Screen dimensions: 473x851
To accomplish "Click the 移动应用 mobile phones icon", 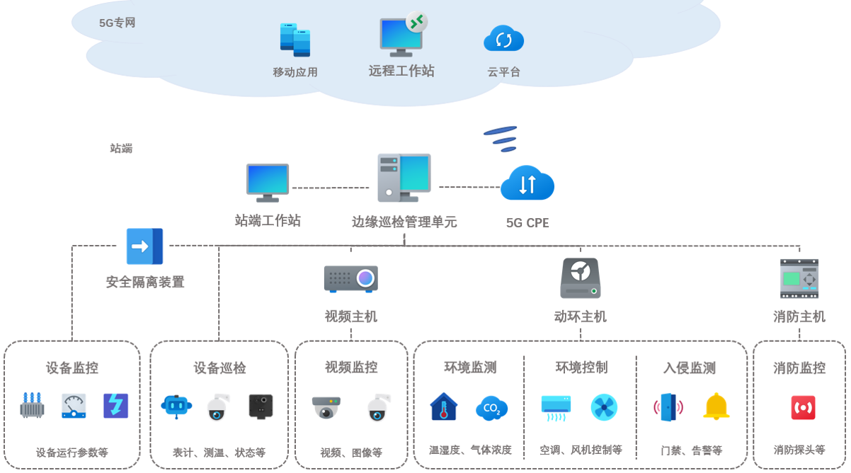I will tap(295, 40).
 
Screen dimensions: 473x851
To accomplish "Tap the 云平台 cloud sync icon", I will tap(503, 39).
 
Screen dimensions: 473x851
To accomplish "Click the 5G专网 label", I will tap(117, 23).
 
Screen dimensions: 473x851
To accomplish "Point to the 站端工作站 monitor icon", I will tap(268, 183).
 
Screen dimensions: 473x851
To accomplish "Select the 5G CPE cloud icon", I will tap(527, 184).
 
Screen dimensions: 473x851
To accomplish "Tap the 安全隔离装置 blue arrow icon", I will tap(144, 246).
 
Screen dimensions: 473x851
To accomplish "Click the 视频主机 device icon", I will tap(351, 278).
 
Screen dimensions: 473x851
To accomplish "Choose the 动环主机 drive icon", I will tap(580, 278).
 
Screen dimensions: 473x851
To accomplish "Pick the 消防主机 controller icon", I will tap(799, 278).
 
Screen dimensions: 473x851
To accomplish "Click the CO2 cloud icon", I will tap(491, 408).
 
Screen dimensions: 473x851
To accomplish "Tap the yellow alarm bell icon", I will tap(716, 406).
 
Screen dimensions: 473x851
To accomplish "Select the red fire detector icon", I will tap(803, 408).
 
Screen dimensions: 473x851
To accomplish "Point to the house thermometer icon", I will tap(444, 406).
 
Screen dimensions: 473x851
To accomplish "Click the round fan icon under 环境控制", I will tap(604, 407).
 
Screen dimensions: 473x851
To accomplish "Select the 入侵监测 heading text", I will tap(690, 368).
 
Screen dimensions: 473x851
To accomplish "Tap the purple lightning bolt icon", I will tap(115, 406).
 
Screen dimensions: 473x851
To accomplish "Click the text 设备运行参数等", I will tap(72, 452).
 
